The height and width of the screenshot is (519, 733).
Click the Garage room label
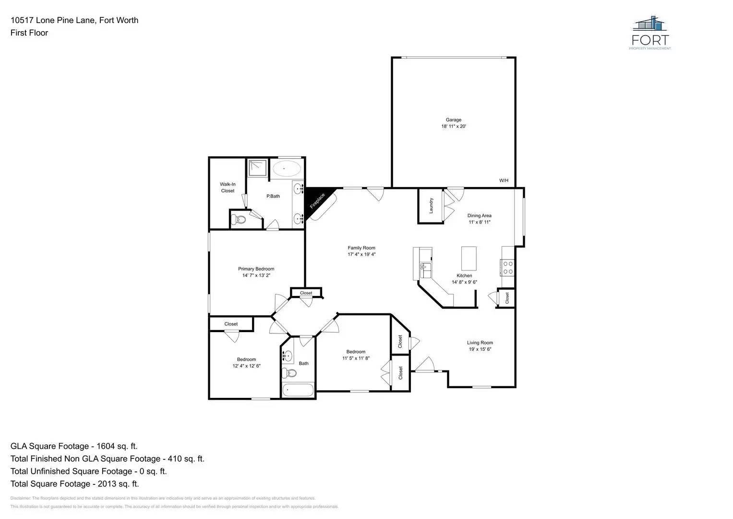coord(453,120)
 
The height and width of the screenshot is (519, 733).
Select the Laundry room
coord(431,206)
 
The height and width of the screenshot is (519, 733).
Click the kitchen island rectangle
coord(469,259)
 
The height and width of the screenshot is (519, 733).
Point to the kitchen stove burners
coord(507,268)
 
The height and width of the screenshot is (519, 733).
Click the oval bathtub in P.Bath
coord(287,169)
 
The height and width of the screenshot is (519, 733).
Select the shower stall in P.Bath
coord(257,168)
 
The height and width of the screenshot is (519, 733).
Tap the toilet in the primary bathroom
coord(238,220)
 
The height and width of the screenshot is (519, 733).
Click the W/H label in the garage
coord(504,181)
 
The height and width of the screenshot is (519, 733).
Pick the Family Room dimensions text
coord(361,254)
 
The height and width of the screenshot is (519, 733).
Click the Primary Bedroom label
coord(256,269)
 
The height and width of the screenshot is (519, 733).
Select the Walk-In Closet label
coord(228,187)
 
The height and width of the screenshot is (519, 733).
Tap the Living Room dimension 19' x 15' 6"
coord(480,349)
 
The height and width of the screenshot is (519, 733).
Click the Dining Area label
coord(479,216)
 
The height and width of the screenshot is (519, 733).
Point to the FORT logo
coord(650,33)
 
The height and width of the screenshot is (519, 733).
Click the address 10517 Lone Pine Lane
coord(74,20)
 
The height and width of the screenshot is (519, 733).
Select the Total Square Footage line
coord(74,484)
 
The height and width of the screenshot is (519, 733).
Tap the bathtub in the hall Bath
coord(298,390)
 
